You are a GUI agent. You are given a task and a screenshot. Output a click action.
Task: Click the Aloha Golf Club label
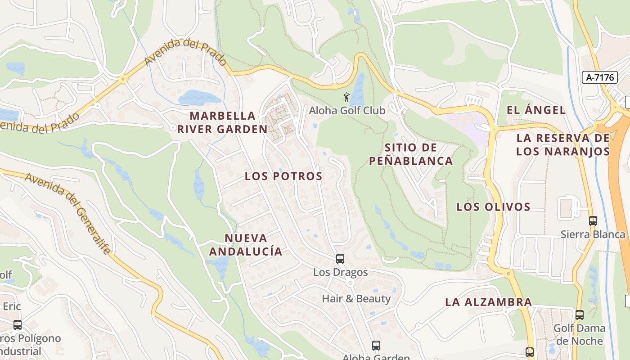347,110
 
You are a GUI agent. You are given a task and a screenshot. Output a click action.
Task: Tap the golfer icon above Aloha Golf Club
346,97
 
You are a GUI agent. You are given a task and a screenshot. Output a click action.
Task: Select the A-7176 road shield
600,77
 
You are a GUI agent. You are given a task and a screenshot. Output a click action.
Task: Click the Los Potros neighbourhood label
283,176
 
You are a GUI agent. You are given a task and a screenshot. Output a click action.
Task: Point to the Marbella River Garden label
222,122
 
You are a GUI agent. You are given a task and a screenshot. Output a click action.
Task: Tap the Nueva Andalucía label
246,245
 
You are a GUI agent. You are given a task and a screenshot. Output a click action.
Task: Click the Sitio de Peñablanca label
411,154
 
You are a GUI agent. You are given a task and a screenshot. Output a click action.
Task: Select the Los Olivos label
494,207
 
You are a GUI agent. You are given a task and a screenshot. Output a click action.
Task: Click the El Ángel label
536,110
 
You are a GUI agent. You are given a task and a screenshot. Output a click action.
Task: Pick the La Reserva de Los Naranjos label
563,144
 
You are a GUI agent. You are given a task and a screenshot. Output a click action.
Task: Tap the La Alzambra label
489,302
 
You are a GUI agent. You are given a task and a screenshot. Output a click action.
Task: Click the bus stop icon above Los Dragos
340,259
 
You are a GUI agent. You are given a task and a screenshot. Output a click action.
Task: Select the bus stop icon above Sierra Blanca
593,221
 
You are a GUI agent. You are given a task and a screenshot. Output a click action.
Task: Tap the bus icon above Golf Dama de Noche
580,315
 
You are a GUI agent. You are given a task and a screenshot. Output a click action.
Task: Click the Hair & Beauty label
356,298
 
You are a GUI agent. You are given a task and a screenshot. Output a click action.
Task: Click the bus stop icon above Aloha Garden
376,346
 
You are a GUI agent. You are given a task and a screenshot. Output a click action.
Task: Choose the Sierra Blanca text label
593,234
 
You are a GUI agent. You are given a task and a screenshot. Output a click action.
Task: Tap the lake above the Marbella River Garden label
199,97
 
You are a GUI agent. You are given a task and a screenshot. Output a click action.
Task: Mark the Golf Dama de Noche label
579,334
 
